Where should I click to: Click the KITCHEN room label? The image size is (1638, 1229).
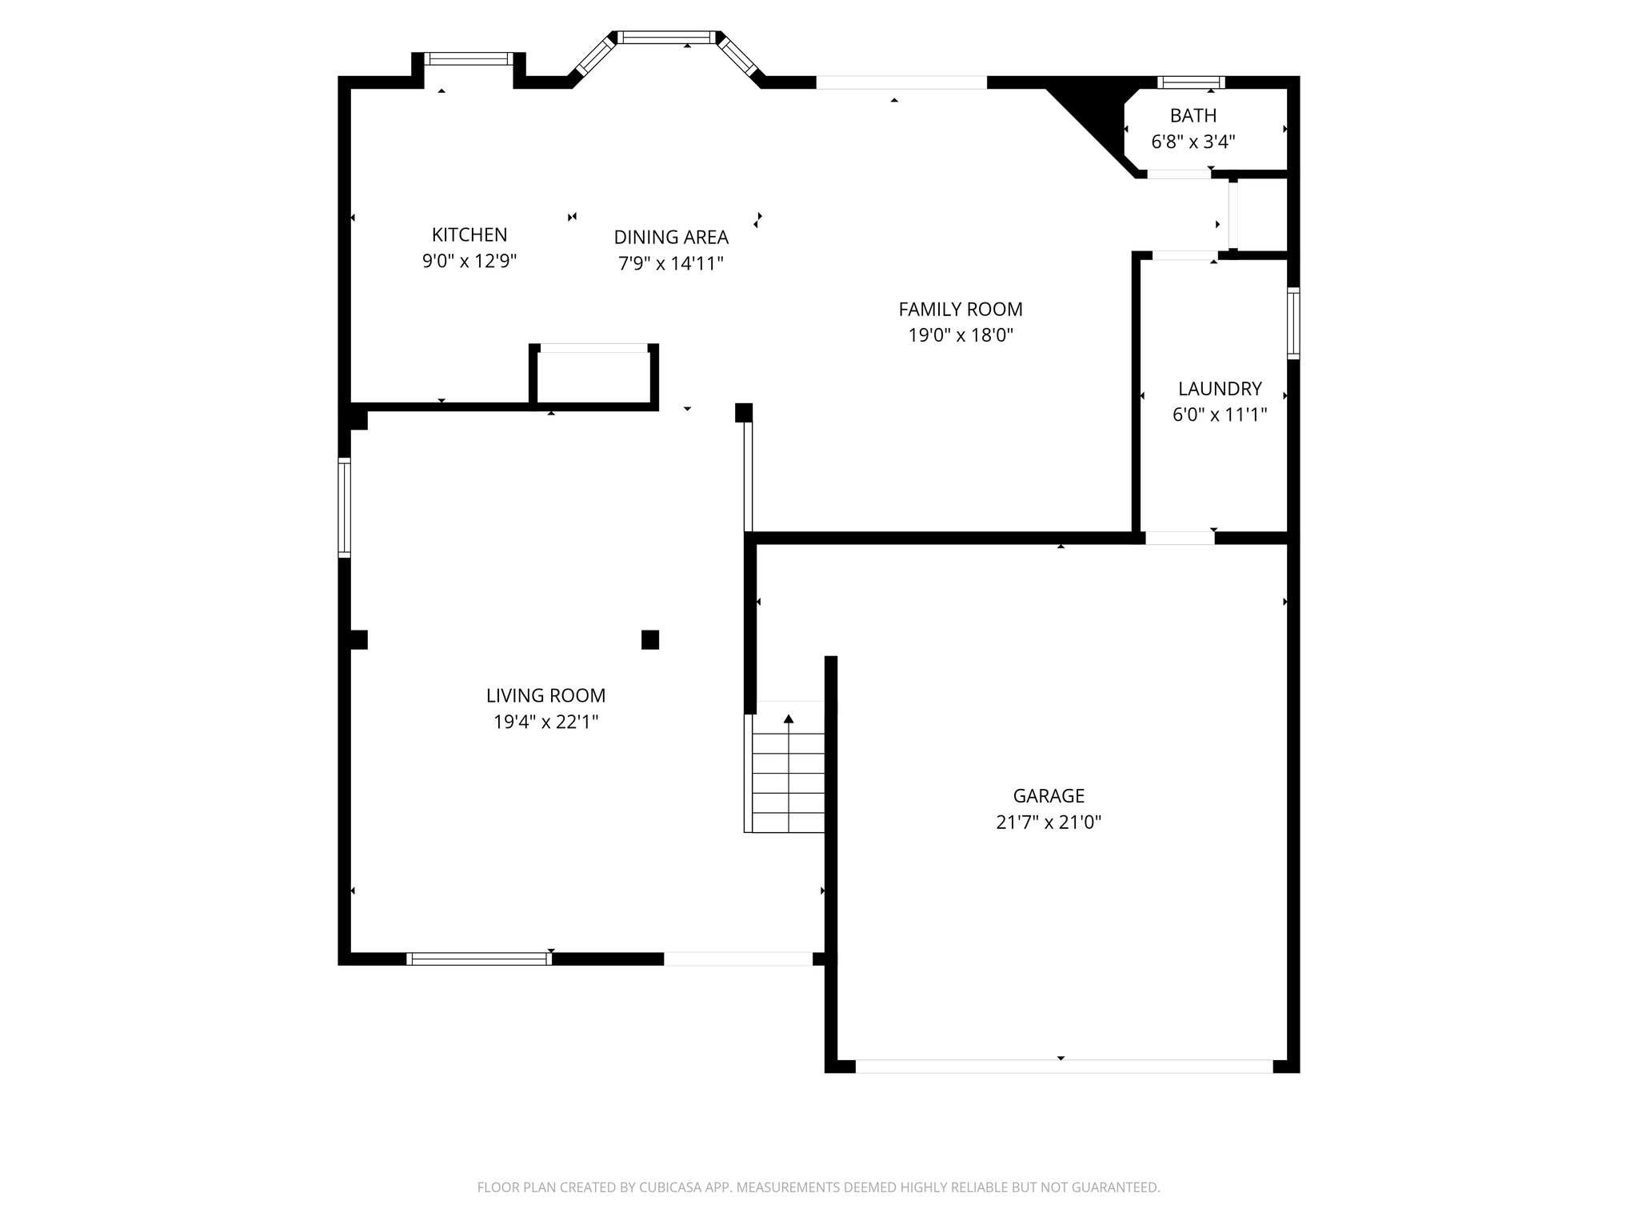coord(469,235)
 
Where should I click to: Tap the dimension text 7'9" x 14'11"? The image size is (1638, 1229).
coord(670,263)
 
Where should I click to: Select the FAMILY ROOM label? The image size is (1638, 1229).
coord(960,310)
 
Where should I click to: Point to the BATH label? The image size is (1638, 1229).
coord(1193,116)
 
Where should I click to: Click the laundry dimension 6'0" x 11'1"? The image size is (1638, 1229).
coord(1219,414)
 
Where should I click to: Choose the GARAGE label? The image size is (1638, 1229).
coord(1049,796)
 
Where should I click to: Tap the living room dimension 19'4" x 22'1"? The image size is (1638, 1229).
coord(545,722)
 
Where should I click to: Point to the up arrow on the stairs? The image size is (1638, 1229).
coord(789,719)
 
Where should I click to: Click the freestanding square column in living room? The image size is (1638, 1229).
coord(650,639)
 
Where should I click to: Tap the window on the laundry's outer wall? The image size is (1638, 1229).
coord(1292,322)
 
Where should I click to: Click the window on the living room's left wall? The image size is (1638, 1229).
coord(344,507)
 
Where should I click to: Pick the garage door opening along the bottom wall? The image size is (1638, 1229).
coord(1063,1066)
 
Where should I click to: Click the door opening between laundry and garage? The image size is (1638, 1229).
coord(1180,538)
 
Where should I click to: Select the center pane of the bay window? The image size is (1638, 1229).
coord(666,37)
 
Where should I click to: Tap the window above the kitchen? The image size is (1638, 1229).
coord(467,58)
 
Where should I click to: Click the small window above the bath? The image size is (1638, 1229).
coord(1190,82)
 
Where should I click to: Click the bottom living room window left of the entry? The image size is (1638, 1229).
coord(479,959)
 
